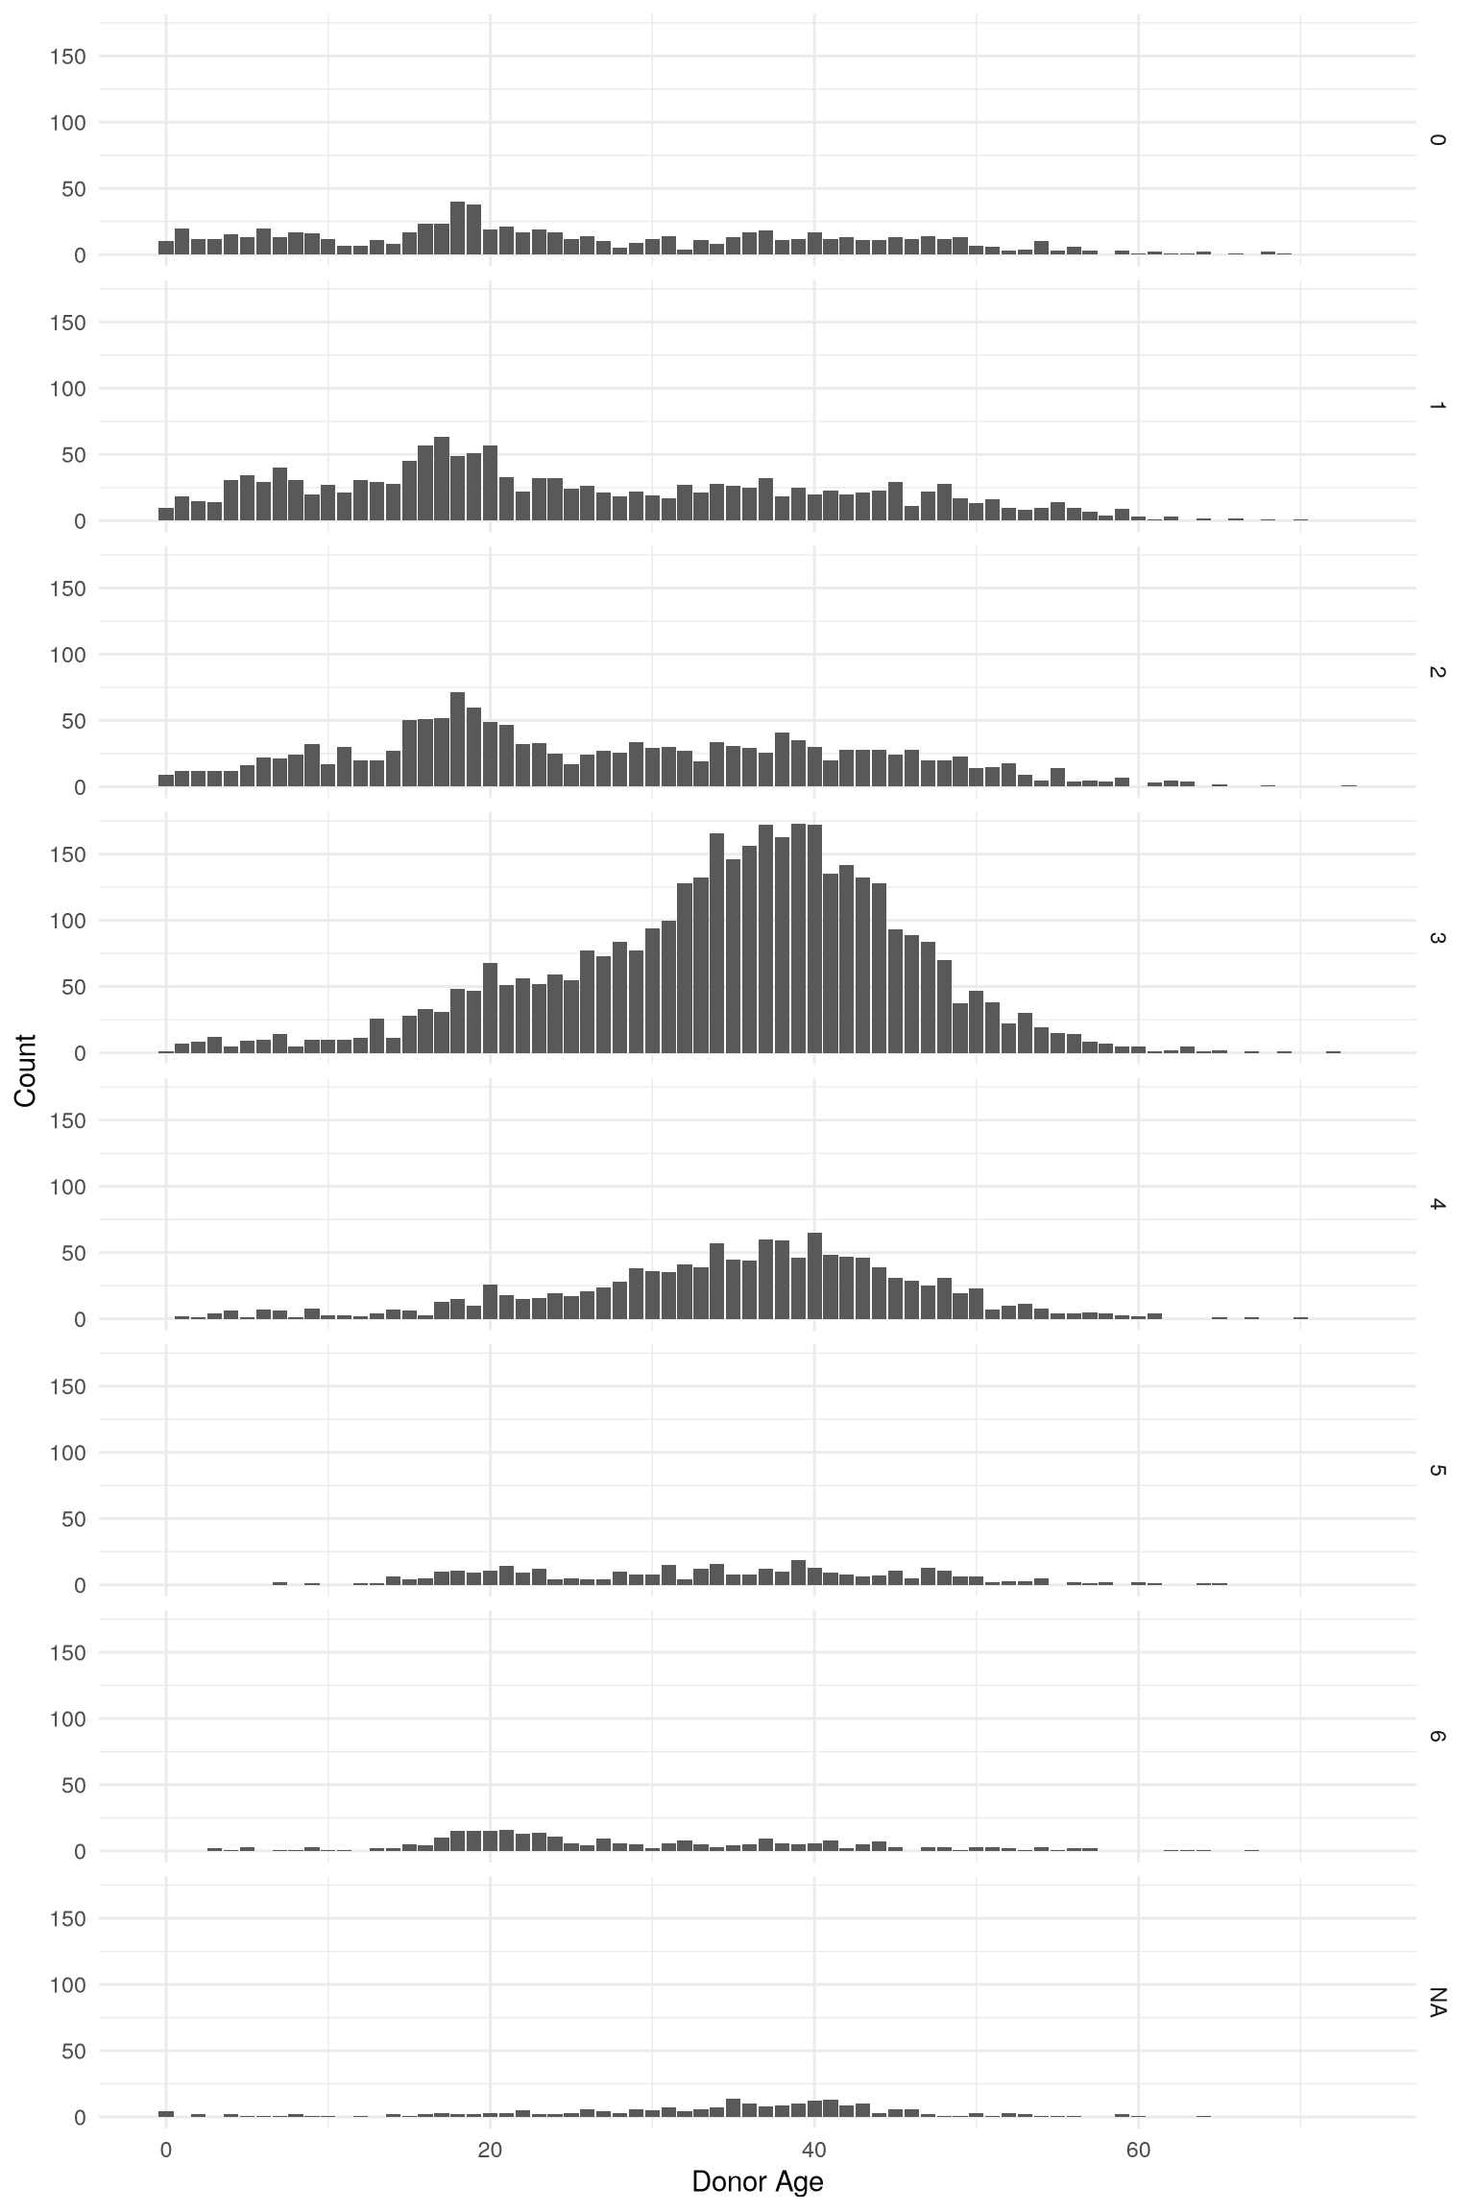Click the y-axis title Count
[26, 1070]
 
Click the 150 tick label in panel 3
[68, 854]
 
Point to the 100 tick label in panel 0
[68, 123]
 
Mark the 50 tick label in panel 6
[74, 1786]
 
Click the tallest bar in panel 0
[458, 228]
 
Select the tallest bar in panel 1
[442, 479]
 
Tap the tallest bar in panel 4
[814, 1276]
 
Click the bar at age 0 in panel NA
[166, 2114]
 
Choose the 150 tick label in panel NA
[68, 1919]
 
